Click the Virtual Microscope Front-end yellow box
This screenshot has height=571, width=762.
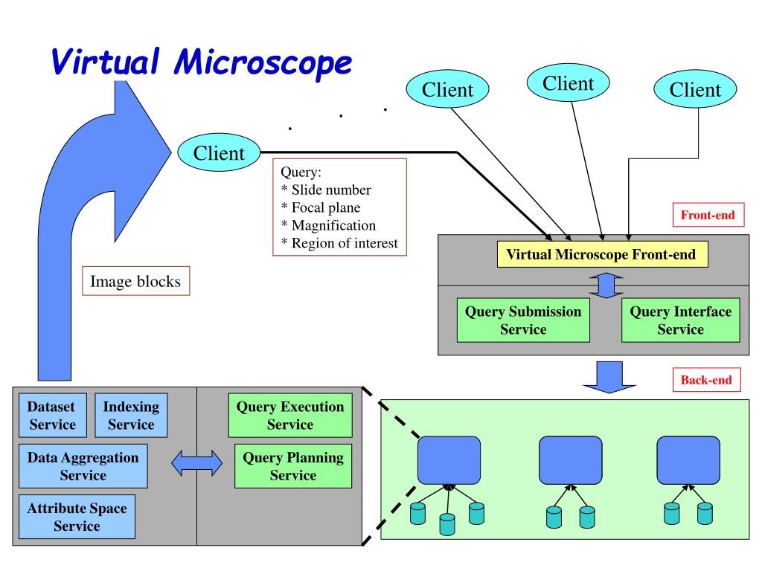[x=602, y=254]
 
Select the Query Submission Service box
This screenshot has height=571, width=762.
[x=523, y=320]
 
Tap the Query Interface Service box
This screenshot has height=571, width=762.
[x=680, y=320]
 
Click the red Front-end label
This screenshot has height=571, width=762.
[x=708, y=215]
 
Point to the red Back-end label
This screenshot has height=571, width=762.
[x=707, y=380]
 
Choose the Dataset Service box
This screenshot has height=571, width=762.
[x=53, y=415]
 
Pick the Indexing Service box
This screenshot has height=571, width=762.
[x=131, y=415]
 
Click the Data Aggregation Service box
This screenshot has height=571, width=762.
[x=83, y=466]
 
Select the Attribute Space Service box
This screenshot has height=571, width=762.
[x=77, y=517]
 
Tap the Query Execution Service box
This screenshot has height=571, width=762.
[x=290, y=415]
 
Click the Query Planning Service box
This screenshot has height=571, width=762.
[x=293, y=466]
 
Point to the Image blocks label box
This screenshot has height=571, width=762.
[x=135, y=280]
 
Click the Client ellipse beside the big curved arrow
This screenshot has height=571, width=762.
[x=220, y=152]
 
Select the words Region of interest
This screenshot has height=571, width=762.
[x=345, y=243]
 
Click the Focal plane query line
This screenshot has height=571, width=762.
[x=321, y=207]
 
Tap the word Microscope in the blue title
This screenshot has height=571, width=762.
[x=263, y=62]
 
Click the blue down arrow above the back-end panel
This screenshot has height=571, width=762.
[x=609, y=377]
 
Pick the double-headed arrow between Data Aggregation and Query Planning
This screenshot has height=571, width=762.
[x=196, y=463]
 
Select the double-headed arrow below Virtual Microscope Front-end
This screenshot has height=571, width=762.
[x=606, y=285]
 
